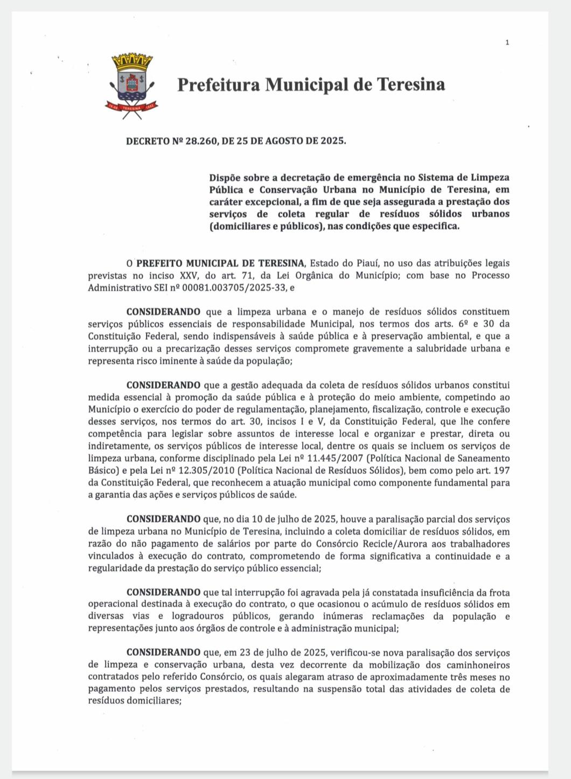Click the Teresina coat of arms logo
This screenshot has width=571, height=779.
[x=131, y=86]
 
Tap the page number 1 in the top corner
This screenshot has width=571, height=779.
[x=507, y=43]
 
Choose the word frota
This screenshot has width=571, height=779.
[x=498, y=592]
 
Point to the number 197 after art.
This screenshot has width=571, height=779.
[x=502, y=471]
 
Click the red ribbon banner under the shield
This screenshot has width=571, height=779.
[x=131, y=107]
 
